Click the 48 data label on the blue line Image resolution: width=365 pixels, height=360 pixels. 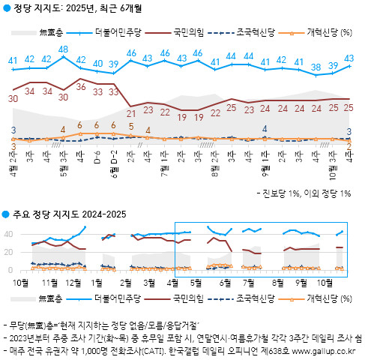(64, 49)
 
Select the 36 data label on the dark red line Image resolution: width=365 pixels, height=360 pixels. (80, 87)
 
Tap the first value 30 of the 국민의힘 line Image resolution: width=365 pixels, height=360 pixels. (13, 98)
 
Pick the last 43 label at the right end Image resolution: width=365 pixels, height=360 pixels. (349, 58)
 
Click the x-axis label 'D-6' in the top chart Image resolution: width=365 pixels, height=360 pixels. (97, 160)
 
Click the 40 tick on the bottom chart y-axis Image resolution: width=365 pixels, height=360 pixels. (11, 234)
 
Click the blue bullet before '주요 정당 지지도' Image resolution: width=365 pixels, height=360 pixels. (6, 215)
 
